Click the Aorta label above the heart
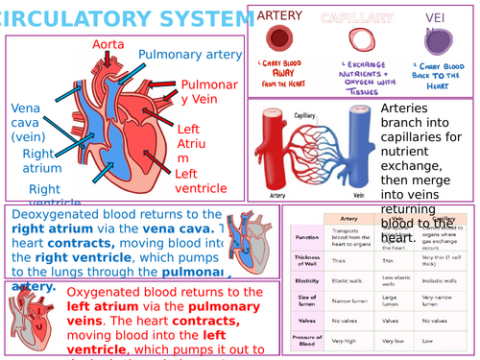(108, 44)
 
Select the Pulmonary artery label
(190, 55)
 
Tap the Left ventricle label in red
(201, 180)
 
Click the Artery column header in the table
(349, 219)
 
